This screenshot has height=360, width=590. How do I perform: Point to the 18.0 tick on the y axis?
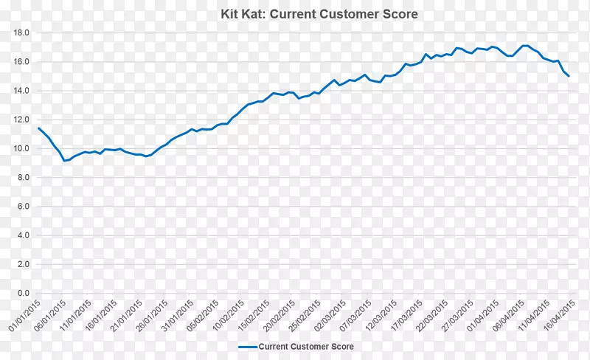click(21, 33)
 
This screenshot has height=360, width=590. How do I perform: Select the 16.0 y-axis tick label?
click(21, 62)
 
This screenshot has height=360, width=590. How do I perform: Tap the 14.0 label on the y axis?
click(21, 91)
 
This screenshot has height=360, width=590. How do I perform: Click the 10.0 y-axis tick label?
click(21, 149)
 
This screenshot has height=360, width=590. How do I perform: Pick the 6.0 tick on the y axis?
click(22, 207)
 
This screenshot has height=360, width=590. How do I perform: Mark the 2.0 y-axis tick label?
click(22, 264)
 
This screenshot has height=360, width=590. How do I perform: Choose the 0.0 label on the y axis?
click(22, 293)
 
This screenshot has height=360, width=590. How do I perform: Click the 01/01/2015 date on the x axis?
click(24, 314)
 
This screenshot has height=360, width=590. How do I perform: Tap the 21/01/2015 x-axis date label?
click(125, 314)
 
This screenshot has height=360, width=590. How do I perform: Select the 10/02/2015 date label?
click(227, 314)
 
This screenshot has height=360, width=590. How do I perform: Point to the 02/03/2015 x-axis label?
click(329, 314)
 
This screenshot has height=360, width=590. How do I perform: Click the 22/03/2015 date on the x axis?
click(431, 314)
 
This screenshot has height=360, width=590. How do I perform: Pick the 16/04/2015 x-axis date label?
click(558, 314)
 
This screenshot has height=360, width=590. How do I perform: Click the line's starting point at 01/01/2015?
click(38, 128)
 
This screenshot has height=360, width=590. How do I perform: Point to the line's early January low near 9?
click(64, 161)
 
